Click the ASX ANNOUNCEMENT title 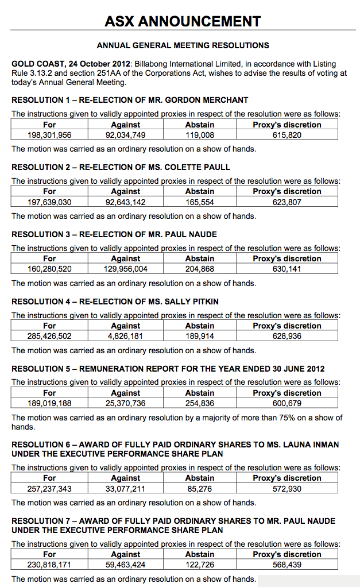click(183, 22)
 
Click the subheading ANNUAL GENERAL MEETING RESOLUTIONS click(183, 45)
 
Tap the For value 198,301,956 click(49, 135)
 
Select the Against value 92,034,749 click(125, 135)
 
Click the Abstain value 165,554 click(200, 202)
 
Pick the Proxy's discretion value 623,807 click(287, 202)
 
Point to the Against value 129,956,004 click(125, 269)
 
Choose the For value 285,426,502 click(49, 337)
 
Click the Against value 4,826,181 click(125, 337)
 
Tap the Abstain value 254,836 click(200, 404)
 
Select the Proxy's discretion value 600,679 click(287, 404)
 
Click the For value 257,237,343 click(49, 489)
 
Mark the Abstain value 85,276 click(200, 489)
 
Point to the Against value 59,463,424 click(125, 565)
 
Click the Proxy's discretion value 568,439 click(287, 565)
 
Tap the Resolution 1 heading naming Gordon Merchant click(130, 100)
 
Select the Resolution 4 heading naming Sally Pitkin click(115, 302)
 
